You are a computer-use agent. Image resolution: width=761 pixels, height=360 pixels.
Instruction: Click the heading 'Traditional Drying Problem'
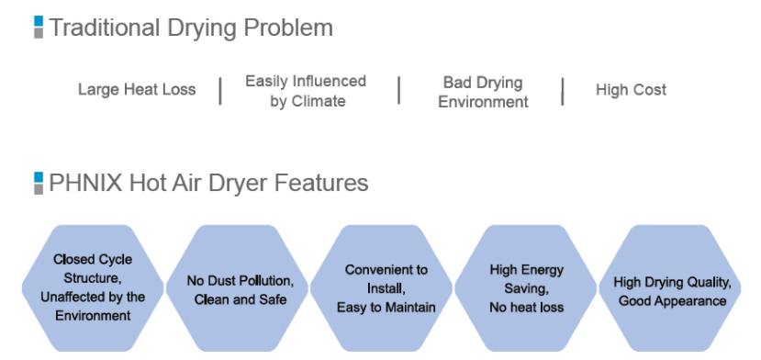[x=191, y=28]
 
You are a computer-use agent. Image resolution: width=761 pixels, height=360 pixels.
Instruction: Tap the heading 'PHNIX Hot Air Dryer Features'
[x=208, y=183]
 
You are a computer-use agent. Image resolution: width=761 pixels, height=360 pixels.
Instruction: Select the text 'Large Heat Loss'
[x=137, y=90]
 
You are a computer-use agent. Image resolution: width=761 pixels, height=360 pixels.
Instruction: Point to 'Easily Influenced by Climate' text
[x=306, y=91]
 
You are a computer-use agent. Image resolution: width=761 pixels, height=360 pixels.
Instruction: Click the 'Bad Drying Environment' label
[x=483, y=92]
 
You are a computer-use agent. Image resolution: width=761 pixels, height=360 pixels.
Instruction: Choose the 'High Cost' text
[x=631, y=90]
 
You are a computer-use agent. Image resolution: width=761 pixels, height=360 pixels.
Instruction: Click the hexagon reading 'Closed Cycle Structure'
[x=92, y=287]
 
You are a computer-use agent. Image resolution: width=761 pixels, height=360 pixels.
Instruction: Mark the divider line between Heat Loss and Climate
[x=220, y=91]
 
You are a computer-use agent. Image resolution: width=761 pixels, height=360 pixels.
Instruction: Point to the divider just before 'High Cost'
[x=563, y=91]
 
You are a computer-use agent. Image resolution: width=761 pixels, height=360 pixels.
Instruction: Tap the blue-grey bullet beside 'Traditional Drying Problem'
[x=39, y=28]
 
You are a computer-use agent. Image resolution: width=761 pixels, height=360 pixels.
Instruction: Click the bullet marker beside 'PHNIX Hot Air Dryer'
[x=39, y=183]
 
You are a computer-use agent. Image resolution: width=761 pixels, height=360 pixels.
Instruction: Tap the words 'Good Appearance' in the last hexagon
[x=672, y=300]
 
